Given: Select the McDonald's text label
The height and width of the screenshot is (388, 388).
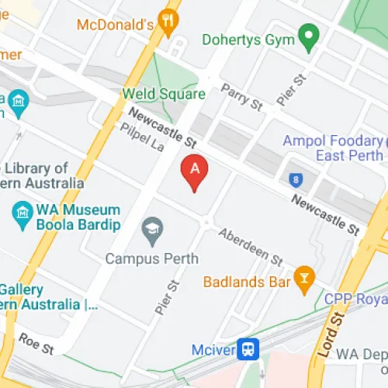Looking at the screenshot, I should (115, 25).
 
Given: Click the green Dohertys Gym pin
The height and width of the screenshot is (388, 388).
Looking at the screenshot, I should (310, 35).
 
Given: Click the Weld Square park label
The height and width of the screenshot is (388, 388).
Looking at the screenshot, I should (164, 94).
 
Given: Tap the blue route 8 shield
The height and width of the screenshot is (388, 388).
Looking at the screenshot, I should (296, 179).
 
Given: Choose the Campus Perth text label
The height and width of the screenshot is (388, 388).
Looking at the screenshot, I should (152, 258).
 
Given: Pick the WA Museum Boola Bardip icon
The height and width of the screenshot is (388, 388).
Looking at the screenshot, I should (23, 211).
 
